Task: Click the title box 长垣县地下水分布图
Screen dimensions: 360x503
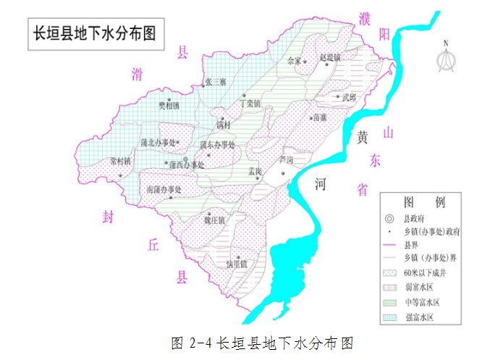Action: pyautogui.click(x=91, y=33)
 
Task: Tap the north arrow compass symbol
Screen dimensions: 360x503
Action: pyautogui.click(x=446, y=57)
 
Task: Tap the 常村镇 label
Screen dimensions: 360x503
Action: pyautogui.click(x=120, y=161)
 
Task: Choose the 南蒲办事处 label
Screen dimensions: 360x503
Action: pyautogui.click(x=163, y=189)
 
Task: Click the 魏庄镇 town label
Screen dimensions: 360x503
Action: pyautogui.click(x=214, y=219)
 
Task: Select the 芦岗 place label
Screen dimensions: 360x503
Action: pyautogui.click(x=287, y=159)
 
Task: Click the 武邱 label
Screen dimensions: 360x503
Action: pyautogui.click(x=350, y=96)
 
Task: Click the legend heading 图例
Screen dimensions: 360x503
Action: pyautogui.click(x=420, y=201)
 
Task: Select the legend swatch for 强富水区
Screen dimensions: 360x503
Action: pyautogui.click(x=389, y=317)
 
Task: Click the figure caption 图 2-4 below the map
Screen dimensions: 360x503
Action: pyautogui.click(x=261, y=342)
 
